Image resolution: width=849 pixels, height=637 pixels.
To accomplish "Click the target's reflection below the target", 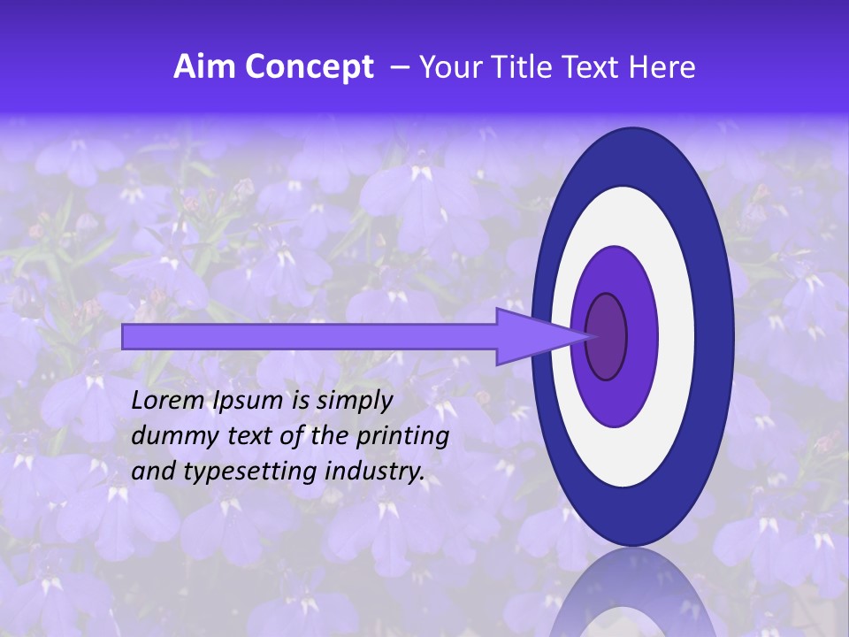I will [633, 593].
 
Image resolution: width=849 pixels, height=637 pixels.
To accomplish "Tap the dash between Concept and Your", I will [399, 68].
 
